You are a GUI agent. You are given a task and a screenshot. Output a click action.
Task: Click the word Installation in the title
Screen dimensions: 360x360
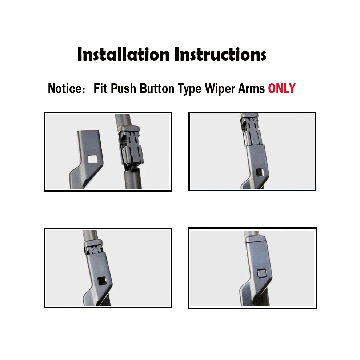click(x=123, y=54)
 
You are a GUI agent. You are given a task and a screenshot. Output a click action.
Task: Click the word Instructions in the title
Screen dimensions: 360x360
click(x=220, y=54)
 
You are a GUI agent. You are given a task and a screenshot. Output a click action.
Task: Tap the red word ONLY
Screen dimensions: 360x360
click(x=282, y=88)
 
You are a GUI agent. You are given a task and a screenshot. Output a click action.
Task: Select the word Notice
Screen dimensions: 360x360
click(x=65, y=88)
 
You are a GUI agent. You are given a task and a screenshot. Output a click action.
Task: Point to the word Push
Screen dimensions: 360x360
click(x=123, y=88)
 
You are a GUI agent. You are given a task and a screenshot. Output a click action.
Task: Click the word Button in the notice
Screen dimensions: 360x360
click(x=157, y=88)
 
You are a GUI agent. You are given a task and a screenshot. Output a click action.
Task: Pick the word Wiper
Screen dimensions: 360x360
click(x=220, y=89)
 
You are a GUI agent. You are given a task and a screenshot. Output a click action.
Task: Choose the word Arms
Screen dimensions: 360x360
click(x=251, y=88)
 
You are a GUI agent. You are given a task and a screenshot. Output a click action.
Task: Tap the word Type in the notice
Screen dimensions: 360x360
click(x=190, y=89)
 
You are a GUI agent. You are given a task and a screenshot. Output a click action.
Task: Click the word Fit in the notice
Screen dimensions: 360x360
click(x=101, y=88)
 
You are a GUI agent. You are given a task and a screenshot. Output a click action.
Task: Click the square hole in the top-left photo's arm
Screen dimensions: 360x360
click(x=92, y=159)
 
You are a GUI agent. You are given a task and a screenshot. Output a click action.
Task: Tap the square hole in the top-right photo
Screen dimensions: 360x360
click(x=260, y=172)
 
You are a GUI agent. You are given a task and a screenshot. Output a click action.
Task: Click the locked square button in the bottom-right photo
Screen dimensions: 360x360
click(x=262, y=273)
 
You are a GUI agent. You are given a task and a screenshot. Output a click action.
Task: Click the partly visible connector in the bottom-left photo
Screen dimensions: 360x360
click(x=94, y=248)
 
